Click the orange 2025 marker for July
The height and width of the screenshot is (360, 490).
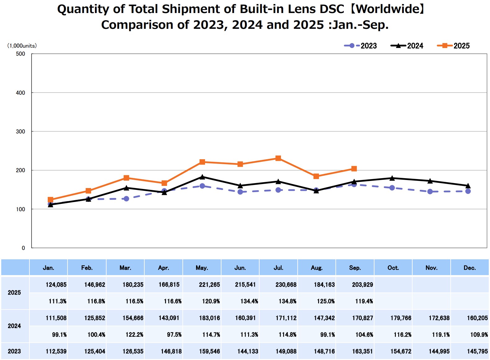click(278, 158)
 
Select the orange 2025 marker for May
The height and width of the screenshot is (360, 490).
click(202, 162)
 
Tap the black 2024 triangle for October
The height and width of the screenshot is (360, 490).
click(392, 178)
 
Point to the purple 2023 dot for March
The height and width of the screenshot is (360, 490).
click(126, 199)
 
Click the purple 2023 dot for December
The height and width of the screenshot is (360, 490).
click(468, 191)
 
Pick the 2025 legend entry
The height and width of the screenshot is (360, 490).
click(453, 46)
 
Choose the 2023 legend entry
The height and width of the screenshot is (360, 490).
click(361, 46)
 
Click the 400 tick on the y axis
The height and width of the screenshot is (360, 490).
click(20, 93)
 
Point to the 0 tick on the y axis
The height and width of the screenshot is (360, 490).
click(23, 248)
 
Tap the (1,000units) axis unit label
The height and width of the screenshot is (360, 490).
click(22, 46)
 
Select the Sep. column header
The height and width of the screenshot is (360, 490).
click(355, 268)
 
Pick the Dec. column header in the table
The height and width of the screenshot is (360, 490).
click(470, 268)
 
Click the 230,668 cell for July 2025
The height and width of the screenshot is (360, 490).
click(286, 285)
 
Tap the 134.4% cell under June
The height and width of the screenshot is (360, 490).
click(249, 301)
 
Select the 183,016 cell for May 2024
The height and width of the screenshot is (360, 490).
click(209, 318)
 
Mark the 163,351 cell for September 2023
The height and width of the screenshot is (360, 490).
click(362, 352)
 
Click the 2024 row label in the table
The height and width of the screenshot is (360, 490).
click(14, 326)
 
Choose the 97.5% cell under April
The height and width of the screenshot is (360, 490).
click(174, 335)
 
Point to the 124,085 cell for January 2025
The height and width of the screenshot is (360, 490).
click(56, 285)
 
